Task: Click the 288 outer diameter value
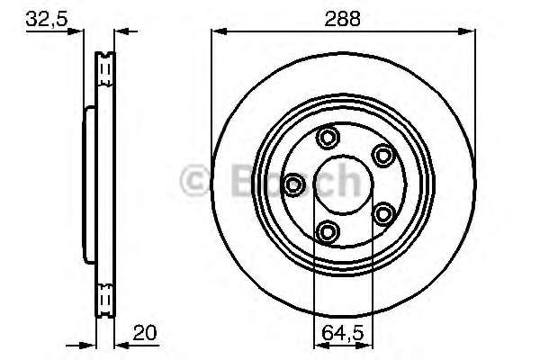(343, 15)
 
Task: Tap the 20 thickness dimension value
(144, 332)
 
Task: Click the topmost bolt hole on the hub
(328, 138)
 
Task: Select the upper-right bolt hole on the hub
(382, 155)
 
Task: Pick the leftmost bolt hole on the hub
(293, 184)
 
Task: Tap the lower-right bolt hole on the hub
(383, 213)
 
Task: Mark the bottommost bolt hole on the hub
(328, 232)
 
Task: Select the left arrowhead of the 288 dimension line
(217, 31)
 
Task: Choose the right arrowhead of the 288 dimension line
(469, 31)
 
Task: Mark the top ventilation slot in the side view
(105, 65)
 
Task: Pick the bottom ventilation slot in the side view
(105, 295)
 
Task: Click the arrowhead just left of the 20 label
(121, 344)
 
